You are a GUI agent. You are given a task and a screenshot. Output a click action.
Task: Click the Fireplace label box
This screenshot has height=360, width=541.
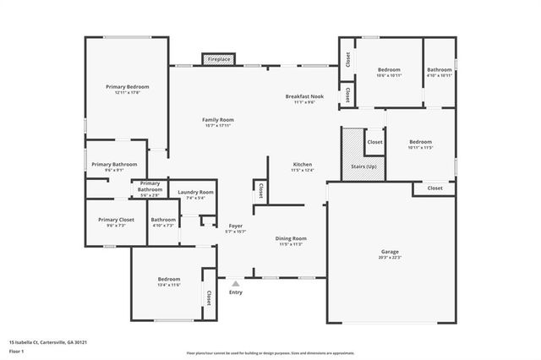220,60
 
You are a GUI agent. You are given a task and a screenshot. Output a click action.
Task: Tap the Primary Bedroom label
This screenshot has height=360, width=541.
127,87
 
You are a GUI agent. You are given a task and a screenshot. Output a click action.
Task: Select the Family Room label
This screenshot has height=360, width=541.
217,120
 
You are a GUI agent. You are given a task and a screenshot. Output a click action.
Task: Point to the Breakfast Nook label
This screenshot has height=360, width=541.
303,96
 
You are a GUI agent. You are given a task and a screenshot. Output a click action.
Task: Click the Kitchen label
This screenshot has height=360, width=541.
303,164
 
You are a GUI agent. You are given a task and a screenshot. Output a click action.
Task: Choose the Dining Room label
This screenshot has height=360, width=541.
291,238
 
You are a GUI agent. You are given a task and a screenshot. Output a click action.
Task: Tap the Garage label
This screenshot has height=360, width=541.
390,251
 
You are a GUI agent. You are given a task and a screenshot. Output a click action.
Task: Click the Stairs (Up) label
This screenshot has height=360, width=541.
364,166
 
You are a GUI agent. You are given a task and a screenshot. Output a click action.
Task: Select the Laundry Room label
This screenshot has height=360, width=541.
195,193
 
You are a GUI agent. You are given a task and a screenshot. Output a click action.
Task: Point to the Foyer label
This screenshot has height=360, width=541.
236,226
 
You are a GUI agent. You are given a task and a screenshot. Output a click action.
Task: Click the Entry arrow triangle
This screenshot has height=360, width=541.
235,283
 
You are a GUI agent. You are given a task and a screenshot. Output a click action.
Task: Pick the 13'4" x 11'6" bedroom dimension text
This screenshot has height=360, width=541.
168,286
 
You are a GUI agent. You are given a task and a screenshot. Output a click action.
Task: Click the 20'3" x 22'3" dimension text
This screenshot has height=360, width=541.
390,257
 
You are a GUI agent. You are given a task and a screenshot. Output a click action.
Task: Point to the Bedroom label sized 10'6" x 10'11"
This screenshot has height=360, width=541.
389,69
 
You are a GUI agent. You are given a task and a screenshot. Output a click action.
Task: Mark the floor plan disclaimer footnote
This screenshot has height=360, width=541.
270,353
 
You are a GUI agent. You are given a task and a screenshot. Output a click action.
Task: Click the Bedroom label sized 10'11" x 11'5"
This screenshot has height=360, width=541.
420,142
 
